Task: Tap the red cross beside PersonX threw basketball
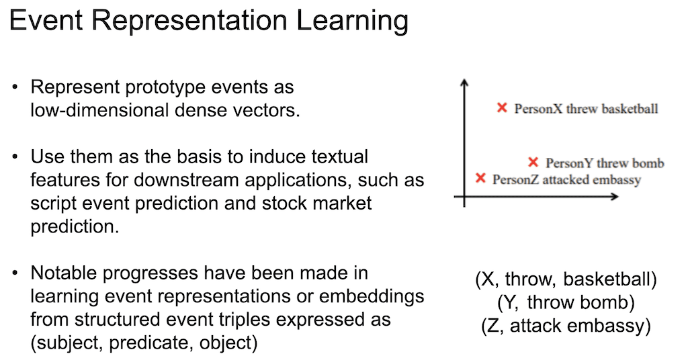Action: (501, 107)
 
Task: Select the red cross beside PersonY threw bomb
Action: (533, 162)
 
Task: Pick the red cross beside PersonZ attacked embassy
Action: (480, 178)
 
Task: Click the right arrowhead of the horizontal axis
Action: (615, 197)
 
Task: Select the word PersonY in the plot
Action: (568, 163)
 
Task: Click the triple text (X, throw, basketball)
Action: (566, 280)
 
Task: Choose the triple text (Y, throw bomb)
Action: (566, 303)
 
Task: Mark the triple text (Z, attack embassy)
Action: (566, 326)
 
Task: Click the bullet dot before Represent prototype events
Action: (15, 88)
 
